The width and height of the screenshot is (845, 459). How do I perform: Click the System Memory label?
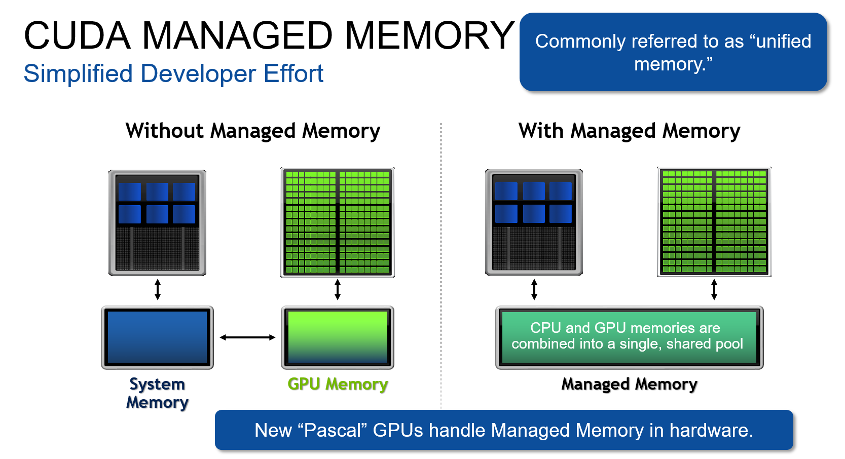coord(157,393)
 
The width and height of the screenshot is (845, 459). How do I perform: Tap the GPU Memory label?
coord(338,384)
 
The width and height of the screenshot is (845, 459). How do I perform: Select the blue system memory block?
coord(157,337)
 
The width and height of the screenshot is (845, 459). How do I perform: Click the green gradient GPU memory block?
coord(338,337)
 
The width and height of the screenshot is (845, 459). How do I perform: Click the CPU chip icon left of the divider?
coord(157,223)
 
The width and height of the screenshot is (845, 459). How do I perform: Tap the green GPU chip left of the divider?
coord(338,222)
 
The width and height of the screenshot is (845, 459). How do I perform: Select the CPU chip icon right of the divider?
coord(534,222)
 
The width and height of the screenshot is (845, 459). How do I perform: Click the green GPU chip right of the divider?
coord(714,222)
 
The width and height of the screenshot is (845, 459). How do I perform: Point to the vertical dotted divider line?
coord(441,263)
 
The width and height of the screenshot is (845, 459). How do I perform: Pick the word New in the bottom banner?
coord(273,430)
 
